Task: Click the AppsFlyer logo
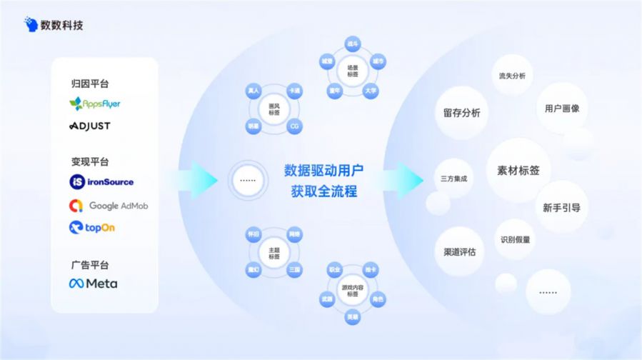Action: click(95, 104)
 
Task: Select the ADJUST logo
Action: click(90, 126)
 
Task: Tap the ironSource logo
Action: click(101, 182)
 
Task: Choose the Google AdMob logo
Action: click(109, 206)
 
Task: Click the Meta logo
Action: click(94, 284)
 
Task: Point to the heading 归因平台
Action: click(90, 84)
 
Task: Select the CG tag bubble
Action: click(294, 126)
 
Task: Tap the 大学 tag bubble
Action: click(371, 91)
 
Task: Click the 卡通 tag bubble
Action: click(294, 91)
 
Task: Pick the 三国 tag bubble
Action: click(294, 270)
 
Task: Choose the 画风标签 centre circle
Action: click(274, 109)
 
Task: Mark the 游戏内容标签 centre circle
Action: click(351, 291)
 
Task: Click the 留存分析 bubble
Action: click(461, 113)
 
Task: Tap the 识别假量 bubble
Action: click(515, 240)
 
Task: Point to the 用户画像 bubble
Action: click(562, 109)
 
